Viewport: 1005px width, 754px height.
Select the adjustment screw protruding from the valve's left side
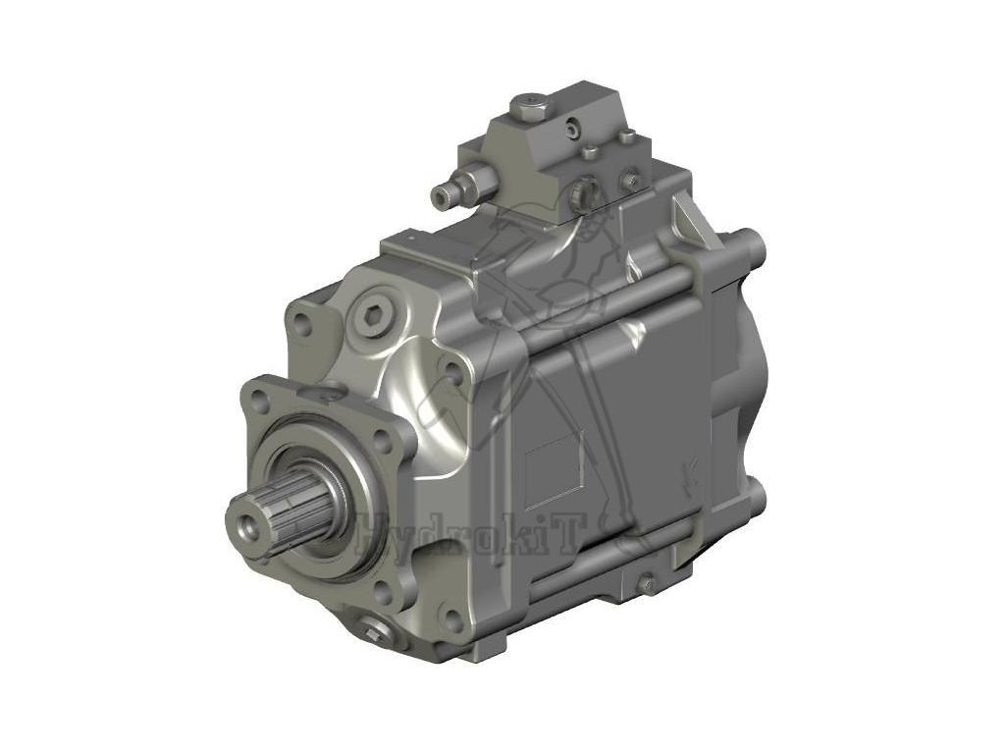point(448,191)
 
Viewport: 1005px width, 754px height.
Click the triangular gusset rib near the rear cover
point(695,222)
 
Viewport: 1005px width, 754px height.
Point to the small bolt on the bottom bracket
point(646,583)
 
